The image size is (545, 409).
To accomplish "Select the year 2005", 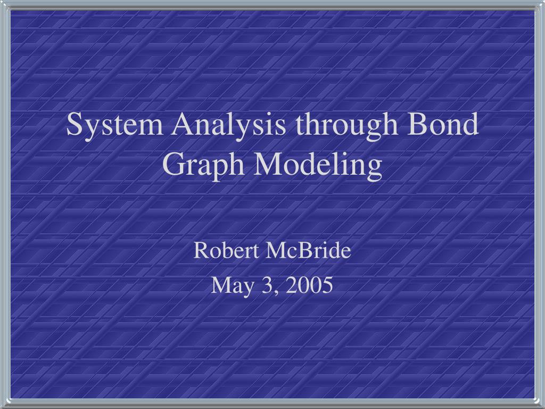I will point(309,285).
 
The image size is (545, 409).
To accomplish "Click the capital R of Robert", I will point(199,250).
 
